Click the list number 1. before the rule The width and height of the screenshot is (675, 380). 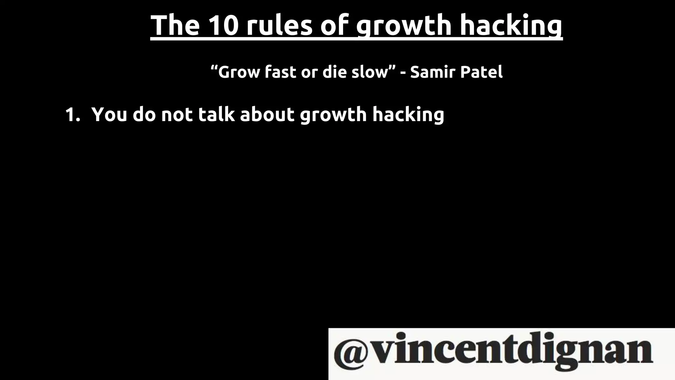click(73, 115)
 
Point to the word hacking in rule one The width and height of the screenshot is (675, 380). click(408, 115)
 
